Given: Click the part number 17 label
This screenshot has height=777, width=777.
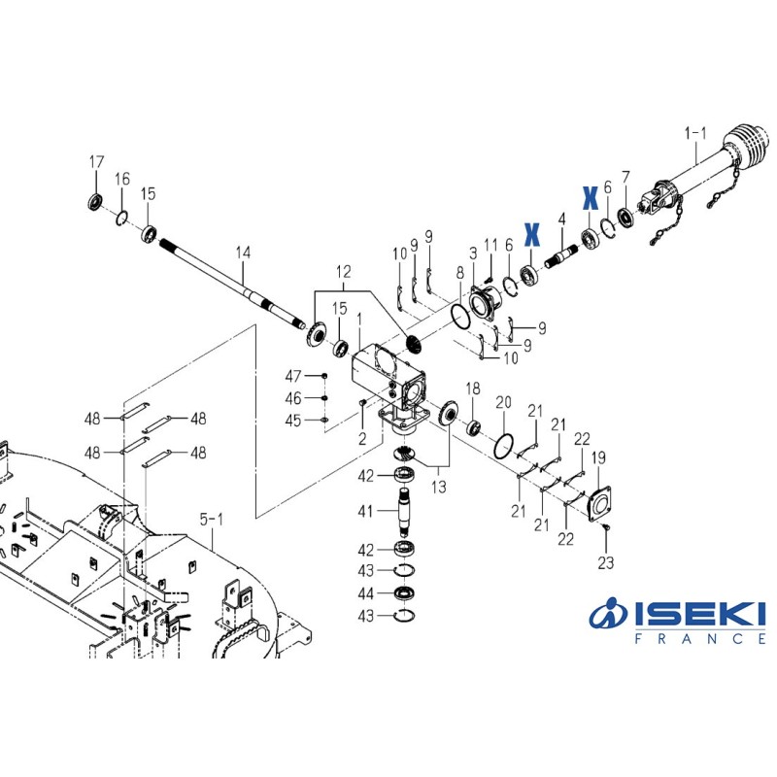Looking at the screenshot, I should pos(96,161).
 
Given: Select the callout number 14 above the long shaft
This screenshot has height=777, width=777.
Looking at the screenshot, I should pos(243,253).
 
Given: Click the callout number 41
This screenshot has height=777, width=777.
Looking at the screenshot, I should pos(365,509).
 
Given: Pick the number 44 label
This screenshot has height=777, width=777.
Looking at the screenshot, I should pos(365,593).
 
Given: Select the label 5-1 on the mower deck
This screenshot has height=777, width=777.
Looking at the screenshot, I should pos(211,521).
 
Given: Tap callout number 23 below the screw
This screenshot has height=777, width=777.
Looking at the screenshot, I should pos(605,562).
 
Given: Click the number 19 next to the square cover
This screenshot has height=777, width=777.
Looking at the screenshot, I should pos(599,457).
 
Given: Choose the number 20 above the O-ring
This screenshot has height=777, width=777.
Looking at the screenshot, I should pos(503,402).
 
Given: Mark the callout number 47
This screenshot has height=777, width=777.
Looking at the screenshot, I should pos(293,376).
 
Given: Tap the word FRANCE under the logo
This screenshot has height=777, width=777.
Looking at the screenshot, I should pos(692,639).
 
